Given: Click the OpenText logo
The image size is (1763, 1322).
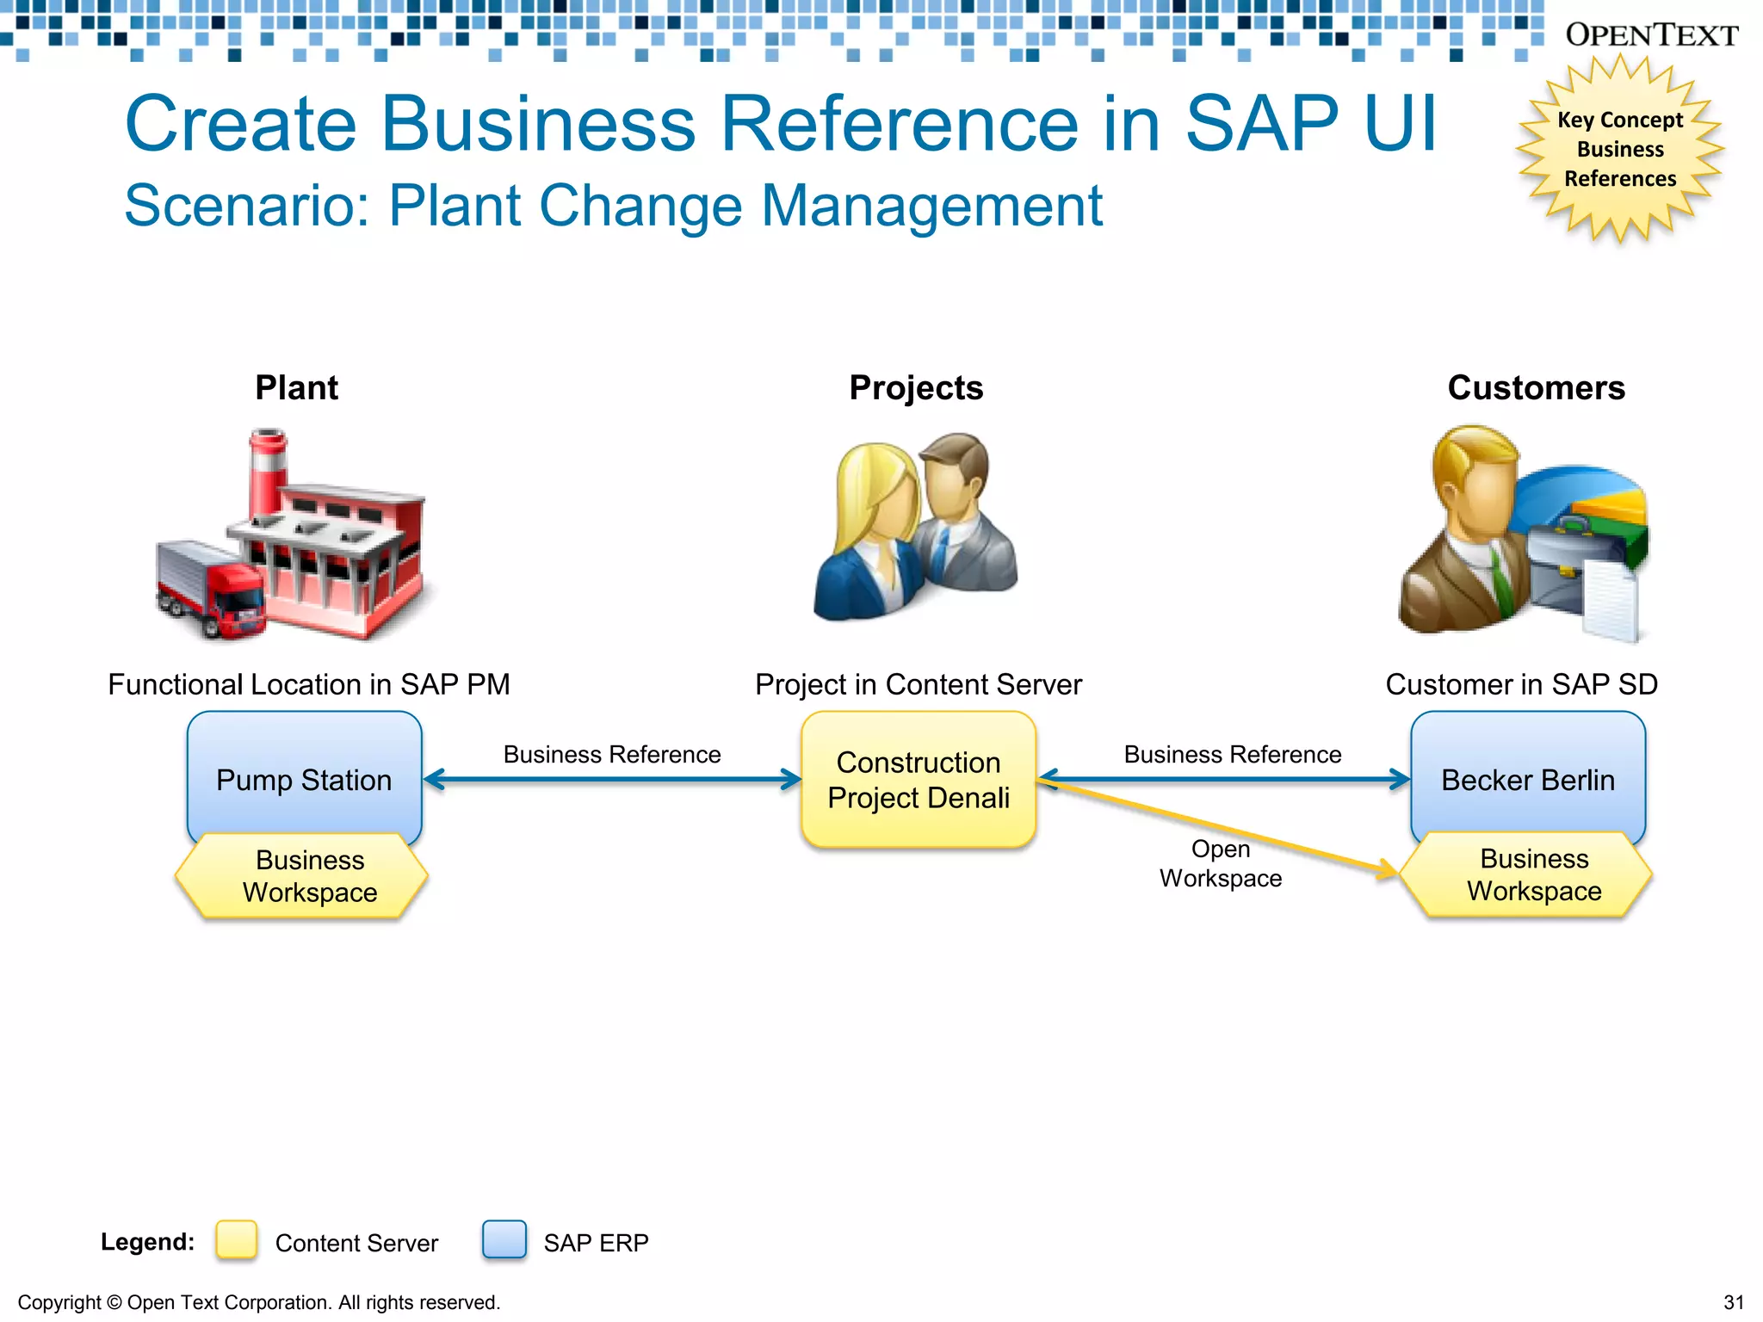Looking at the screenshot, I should click(1651, 35).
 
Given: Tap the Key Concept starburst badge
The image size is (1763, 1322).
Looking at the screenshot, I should click(1619, 149).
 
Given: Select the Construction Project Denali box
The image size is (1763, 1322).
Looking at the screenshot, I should click(918, 780).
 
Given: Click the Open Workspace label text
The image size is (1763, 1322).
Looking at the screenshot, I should click(1220, 864).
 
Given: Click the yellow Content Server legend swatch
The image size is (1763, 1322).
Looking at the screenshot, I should click(237, 1240).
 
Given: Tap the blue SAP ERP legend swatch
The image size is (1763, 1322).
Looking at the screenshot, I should click(504, 1240).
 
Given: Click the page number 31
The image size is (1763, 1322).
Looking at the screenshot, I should click(1734, 1302).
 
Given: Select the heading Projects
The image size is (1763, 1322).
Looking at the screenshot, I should click(916, 388).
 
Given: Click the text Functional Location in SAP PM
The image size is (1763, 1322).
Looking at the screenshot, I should click(309, 684).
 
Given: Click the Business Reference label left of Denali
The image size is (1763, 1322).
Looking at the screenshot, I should click(611, 755).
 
